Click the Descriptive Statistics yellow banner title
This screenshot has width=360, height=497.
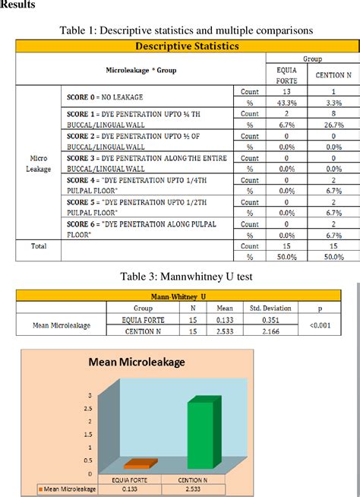pyautogui.click(x=186, y=46)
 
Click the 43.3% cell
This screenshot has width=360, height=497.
pyautogui.click(x=282, y=103)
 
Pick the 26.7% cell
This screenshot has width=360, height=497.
pyautogui.click(x=333, y=125)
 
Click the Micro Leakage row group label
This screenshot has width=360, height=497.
pyautogui.click(x=39, y=163)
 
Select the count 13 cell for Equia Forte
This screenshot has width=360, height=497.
pyautogui.click(x=282, y=92)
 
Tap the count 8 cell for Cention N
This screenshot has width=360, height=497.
pyautogui.click(x=333, y=114)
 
